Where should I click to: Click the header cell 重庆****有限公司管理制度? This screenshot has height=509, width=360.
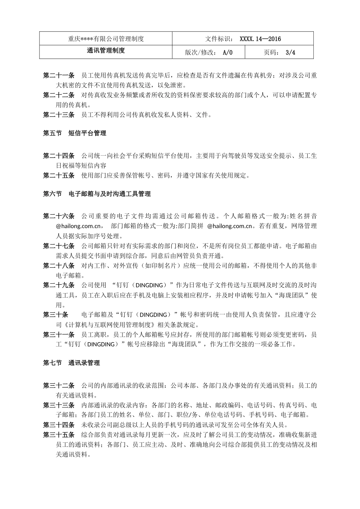106,39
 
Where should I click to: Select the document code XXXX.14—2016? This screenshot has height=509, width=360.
260,39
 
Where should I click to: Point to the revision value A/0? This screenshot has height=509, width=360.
228,52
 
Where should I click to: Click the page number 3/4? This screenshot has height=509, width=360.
290,52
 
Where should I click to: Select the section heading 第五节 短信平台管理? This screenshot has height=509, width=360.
75,133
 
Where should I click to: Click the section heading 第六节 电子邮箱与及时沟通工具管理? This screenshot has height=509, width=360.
97,194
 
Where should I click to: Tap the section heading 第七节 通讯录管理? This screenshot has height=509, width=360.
72,363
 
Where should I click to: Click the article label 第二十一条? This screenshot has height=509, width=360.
59,75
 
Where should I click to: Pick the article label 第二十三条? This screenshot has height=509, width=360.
59,114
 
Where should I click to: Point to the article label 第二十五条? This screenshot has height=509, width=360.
59,175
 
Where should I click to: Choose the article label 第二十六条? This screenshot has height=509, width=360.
59,216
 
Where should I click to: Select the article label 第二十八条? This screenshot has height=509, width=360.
59,265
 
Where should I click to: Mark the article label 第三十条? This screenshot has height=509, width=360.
56,315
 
